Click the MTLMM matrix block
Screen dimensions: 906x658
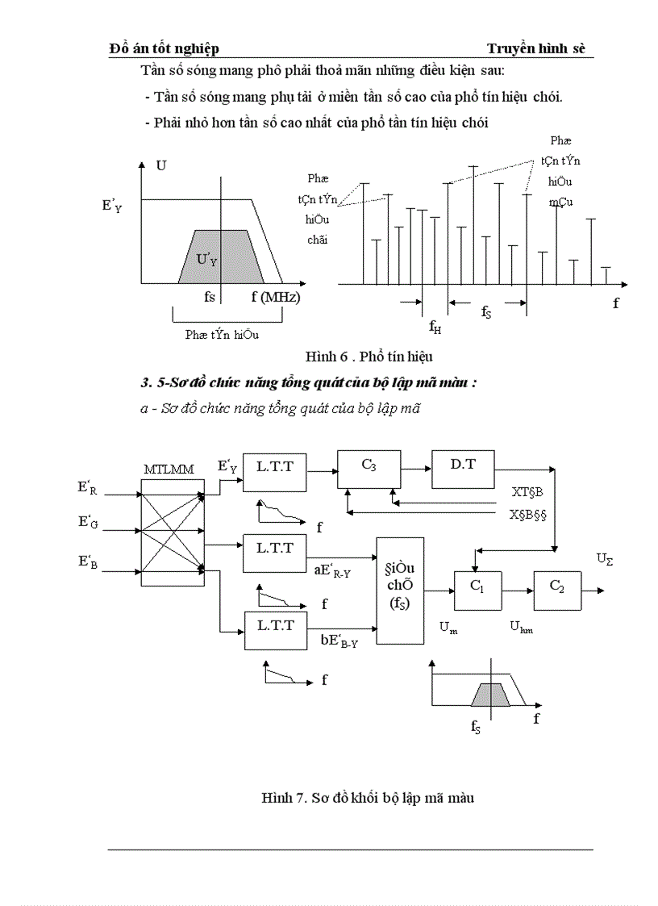(173, 532)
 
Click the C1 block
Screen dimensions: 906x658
(477, 591)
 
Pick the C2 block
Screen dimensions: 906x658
(556, 591)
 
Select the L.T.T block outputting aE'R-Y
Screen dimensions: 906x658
(274, 552)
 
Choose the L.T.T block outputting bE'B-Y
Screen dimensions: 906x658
(274, 630)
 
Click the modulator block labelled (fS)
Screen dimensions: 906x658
(400, 590)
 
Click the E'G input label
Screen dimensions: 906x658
(87, 522)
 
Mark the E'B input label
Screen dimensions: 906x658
(87, 562)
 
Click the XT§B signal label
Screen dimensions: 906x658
(528, 491)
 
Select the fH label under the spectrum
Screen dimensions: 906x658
(435, 327)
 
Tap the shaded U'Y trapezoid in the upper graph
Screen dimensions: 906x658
(207, 258)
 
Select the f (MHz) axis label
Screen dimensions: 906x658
(275, 297)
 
